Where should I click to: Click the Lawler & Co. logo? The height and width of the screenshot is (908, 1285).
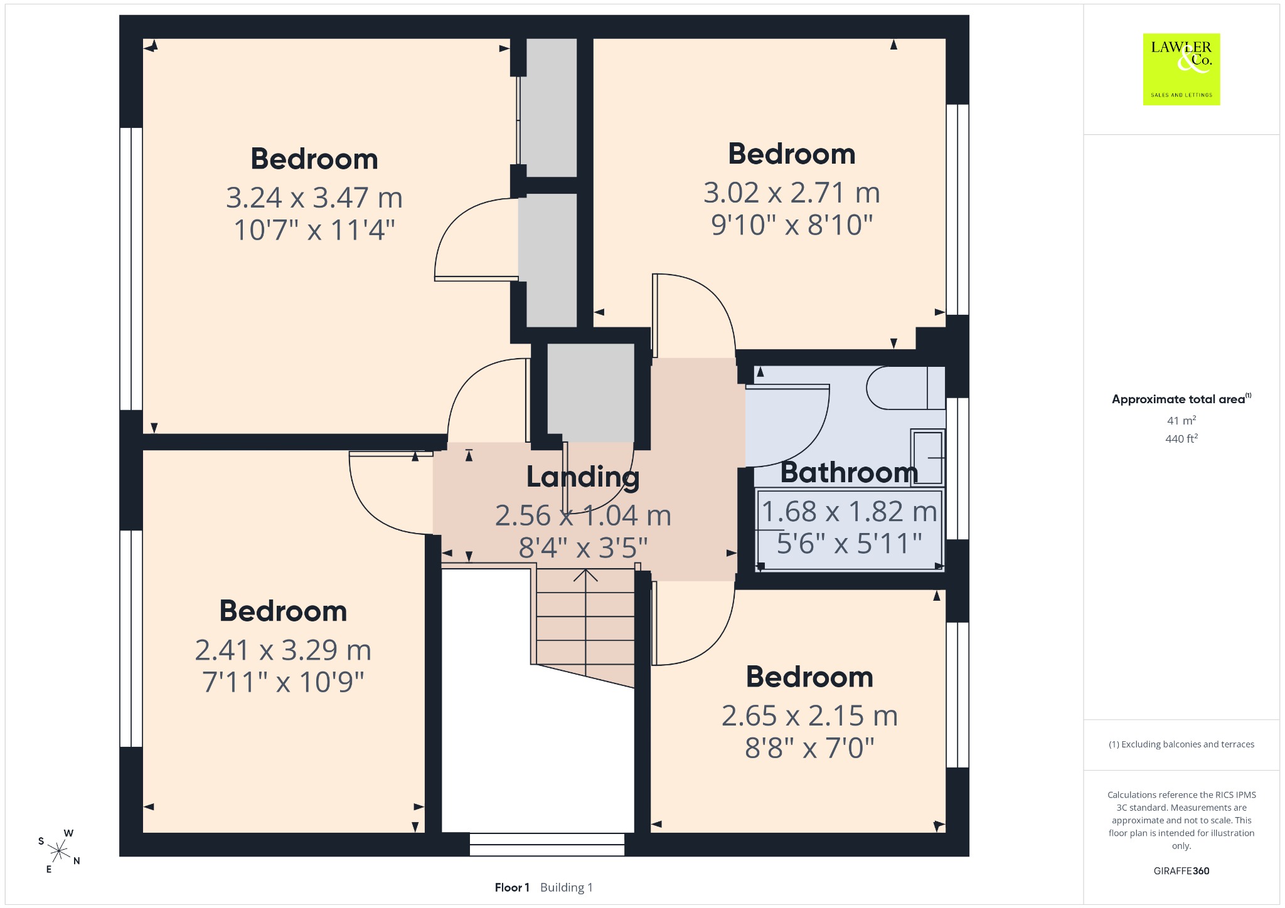click(x=1181, y=69)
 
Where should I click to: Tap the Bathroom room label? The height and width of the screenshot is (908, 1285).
click(x=849, y=472)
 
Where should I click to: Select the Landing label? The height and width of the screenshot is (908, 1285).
click(x=583, y=477)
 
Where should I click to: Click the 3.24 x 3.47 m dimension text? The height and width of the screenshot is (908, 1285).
click(x=314, y=198)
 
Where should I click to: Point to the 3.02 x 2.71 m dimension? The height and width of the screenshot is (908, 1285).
click(x=792, y=193)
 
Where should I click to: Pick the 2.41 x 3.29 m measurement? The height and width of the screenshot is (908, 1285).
click(x=283, y=650)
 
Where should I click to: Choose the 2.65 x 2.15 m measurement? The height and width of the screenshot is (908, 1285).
click(x=809, y=715)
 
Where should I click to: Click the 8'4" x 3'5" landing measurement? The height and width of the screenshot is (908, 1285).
click(x=583, y=547)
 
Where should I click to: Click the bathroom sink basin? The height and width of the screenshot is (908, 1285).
click(x=927, y=458)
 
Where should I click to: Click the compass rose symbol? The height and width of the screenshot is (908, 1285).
click(x=59, y=851)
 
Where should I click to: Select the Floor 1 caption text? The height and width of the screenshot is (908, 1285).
click(x=512, y=887)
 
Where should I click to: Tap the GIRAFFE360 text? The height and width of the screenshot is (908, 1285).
click(x=1181, y=870)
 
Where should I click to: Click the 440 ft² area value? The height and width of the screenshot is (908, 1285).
click(x=1181, y=438)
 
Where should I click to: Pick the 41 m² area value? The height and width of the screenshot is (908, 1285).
click(x=1181, y=420)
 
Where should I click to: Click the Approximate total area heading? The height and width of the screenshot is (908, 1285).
click(x=1181, y=399)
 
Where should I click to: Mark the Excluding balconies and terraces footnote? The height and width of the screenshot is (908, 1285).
click(x=1181, y=744)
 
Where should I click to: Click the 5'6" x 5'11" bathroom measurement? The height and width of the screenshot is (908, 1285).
click(x=849, y=543)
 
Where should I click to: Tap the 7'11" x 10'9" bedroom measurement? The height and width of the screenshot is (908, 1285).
click(x=283, y=682)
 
